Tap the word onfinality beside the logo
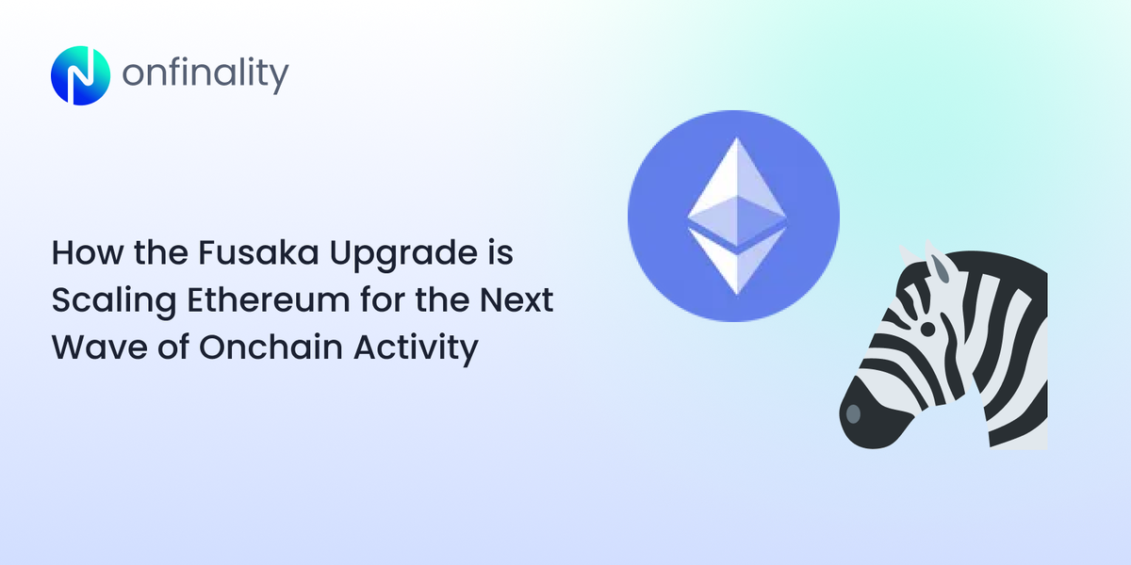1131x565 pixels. click(205, 75)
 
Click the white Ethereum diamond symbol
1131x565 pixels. click(735, 218)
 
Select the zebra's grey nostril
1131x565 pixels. click(852, 414)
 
